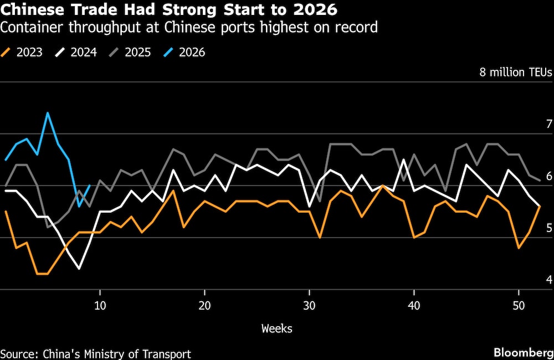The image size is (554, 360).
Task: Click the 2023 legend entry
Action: (x=23, y=53)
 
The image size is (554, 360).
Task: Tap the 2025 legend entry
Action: (x=130, y=53)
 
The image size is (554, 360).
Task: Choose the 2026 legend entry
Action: (x=184, y=53)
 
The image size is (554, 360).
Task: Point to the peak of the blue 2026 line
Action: (x=48, y=113)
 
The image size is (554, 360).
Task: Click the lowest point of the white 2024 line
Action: (x=79, y=269)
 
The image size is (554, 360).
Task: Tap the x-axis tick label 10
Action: (x=100, y=305)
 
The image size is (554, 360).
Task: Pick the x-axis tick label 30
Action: (x=310, y=305)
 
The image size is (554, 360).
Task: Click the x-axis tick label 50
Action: (x=519, y=305)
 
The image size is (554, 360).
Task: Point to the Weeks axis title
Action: (x=276, y=328)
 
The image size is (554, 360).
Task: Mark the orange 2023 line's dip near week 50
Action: (x=519, y=248)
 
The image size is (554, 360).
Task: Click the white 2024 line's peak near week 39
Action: (x=404, y=160)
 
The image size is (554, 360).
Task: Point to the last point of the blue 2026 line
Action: (x=90, y=186)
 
